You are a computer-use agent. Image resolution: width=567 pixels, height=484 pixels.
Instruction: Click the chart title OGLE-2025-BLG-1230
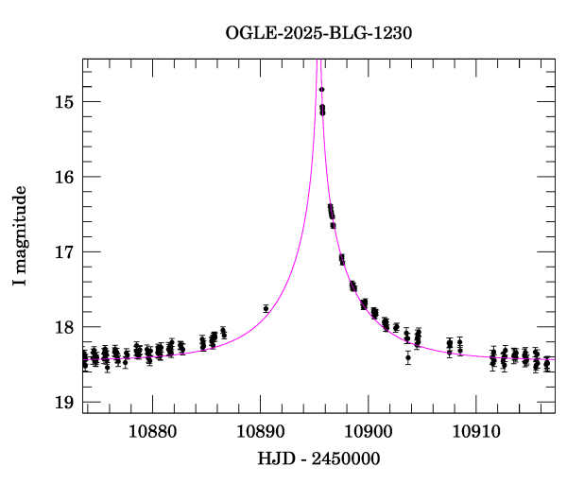click(318, 33)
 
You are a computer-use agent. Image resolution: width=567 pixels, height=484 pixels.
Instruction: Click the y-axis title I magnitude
click(20, 237)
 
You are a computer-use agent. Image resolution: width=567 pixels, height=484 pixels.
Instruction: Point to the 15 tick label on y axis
click(63, 101)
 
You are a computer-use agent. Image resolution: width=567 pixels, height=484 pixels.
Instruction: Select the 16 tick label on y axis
click(63, 177)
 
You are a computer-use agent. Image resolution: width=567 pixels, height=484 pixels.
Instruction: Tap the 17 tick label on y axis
click(63, 252)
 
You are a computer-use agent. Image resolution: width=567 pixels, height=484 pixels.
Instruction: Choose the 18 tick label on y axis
click(63, 328)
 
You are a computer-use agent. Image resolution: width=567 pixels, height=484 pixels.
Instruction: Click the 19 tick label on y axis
click(63, 404)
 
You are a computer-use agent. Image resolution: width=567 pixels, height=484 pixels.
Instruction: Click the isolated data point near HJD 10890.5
click(266, 309)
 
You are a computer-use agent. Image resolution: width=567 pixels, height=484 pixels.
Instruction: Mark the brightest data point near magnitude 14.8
click(321, 90)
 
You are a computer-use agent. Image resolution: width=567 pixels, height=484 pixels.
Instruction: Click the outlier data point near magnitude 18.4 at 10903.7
click(408, 357)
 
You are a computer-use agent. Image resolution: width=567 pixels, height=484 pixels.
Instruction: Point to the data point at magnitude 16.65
click(333, 225)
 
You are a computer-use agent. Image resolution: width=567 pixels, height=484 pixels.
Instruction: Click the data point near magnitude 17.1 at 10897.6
click(342, 259)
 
